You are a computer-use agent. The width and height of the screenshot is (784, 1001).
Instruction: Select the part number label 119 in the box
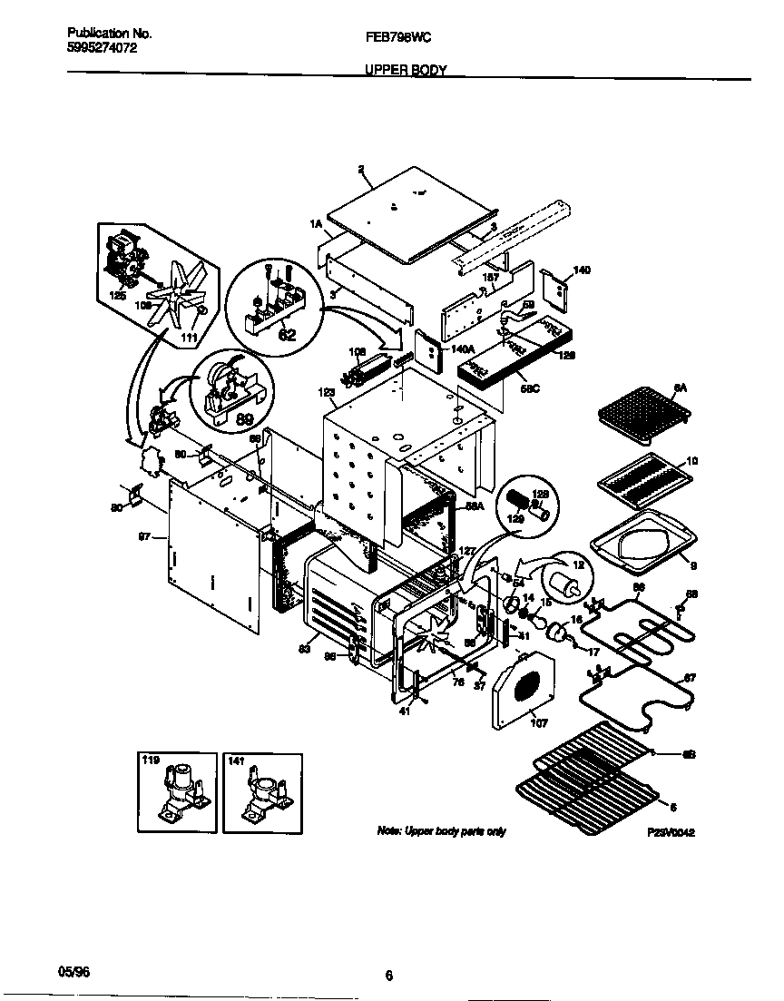point(150,761)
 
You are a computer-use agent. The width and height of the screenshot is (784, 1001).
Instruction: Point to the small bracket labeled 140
point(554,290)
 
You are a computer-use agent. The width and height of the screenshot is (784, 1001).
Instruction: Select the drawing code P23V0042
point(671,831)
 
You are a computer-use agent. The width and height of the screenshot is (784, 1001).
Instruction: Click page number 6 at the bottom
point(388,976)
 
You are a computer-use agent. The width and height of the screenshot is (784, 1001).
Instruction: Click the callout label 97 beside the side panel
point(143,538)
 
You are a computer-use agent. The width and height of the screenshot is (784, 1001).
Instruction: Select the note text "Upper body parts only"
point(441,831)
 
